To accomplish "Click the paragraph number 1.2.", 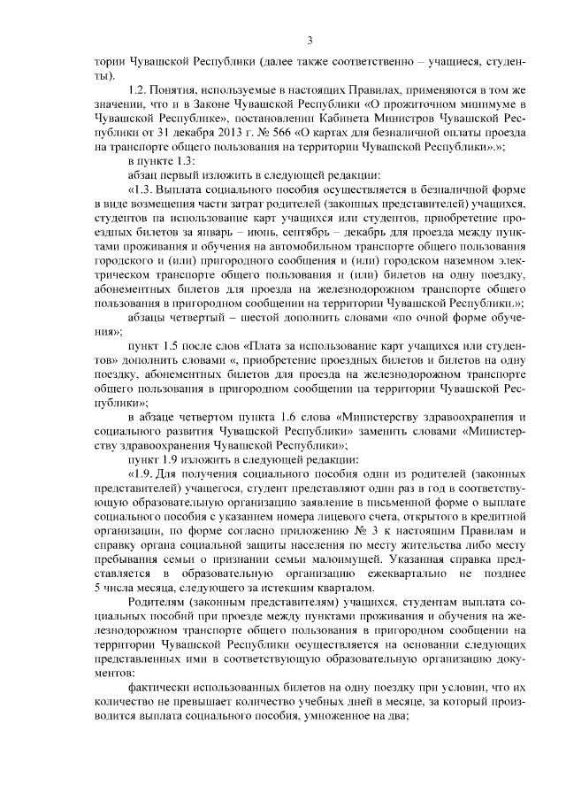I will pos(137,90).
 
